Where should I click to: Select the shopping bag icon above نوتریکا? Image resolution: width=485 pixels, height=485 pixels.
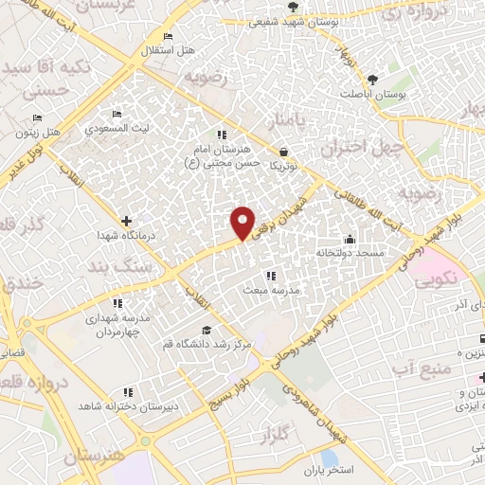pos(284,152)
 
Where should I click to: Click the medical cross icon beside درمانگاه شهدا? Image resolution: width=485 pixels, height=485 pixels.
pos(127,220)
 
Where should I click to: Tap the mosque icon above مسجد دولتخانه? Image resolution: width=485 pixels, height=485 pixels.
pos(350,239)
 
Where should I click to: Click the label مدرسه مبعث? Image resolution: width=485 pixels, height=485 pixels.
pos(272,290)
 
